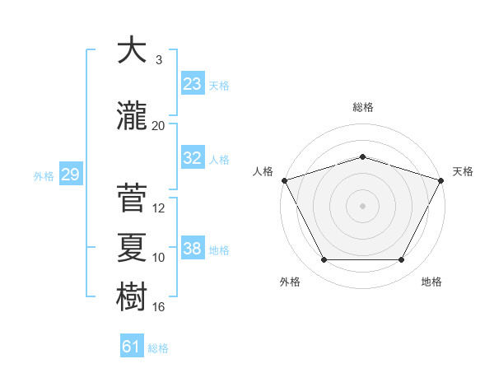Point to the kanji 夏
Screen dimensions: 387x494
click(x=131, y=245)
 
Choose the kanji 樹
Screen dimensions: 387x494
click(x=131, y=294)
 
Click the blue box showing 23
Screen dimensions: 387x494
click(x=192, y=83)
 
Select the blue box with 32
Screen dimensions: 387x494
click(x=192, y=158)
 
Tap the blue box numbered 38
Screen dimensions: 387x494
click(x=192, y=249)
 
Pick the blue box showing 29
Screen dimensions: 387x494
click(x=70, y=175)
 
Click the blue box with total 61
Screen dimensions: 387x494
click(x=132, y=347)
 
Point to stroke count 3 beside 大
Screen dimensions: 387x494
click(x=159, y=61)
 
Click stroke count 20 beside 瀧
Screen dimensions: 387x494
click(x=159, y=125)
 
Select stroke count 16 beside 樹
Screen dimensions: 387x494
click(x=159, y=306)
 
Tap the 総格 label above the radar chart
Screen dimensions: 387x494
click(x=363, y=107)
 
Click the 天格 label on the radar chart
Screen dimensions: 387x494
click(x=463, y=171)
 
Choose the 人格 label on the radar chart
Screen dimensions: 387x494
click(x=263, y=171)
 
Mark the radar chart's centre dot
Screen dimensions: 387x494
click(x=363, y=205)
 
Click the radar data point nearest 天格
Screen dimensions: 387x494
click(x=441, y=180)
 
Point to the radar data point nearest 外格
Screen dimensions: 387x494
click(x=324, y=260)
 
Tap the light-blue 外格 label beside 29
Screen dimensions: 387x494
click(x=44, y=175)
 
